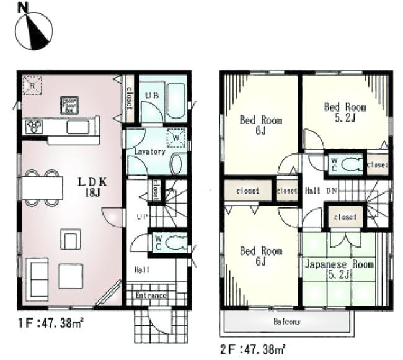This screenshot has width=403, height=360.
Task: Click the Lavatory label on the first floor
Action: click(x=148, y=151)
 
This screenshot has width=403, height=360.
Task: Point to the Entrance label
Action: click(x=151, y=295)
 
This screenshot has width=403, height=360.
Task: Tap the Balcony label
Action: click(x=287, y=322)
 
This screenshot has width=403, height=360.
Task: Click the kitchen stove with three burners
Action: click(x=33, y=127)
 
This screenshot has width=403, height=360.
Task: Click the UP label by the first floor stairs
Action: click(x=141, y=217)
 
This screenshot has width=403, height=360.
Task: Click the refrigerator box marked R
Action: click(x=31, y=85)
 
